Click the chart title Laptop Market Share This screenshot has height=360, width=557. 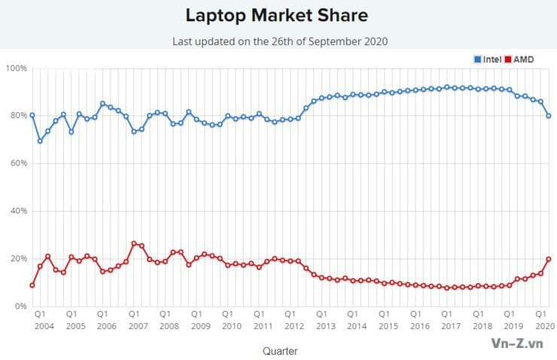click(278, 15)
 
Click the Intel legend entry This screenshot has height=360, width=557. click(491, 58)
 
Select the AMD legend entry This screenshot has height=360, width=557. click(523, 58)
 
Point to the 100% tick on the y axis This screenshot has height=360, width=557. click(17, 69)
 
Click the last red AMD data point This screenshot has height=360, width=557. click(549, 258)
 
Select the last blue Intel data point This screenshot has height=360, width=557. click(549, 116)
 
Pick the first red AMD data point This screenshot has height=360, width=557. click(32, 285)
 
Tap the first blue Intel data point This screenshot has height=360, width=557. click(32, 115)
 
